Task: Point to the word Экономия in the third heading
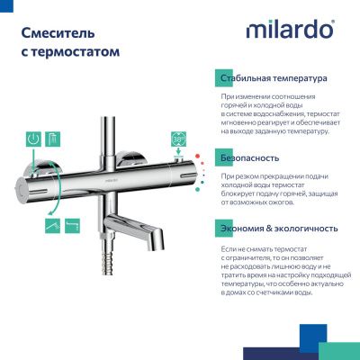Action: point(246,229)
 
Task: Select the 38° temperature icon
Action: point(179,140)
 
